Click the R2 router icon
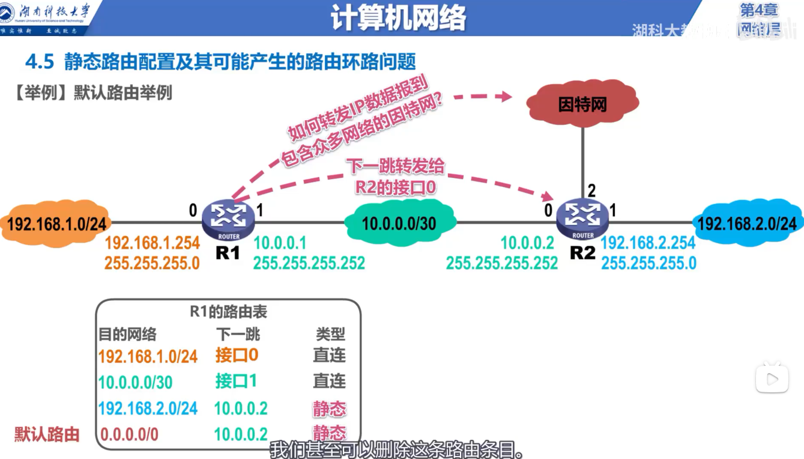pyautogui.click(x=582, y=220)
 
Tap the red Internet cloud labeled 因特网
pyautogui.click(x=582, y=105)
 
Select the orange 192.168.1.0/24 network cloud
pyautogui.click(x=57, y=223)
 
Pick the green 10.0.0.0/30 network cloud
pyautogui.click(x=399, y=223)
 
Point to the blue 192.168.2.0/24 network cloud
pyautogui.click(x=748, y=223)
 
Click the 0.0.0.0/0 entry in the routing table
pyautogui.click(x=129, y=434)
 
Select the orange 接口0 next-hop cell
pyautogui.click(x=237, y=355)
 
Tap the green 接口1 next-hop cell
pyautogui.click(x=236, y=381)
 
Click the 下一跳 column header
pyautogui.click(x=238, y=334)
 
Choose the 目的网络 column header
pyautogui.click(x=127, y=334)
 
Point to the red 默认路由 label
pyautogui.click(x=47, y=434)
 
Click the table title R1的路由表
pyautogui.click(x=228, y=312)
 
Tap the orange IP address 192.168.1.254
pyautogui.click(x=152, y=243)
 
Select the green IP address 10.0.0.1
pyautogui.click(x=280, y=243)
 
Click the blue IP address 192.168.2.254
pyautogui.click(x=648, y=243)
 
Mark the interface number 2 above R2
pyautogui.click(x=591, y=192)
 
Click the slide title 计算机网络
pyautogui.click(x=398, y=19)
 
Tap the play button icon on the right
pyautogui.click(x=772, y=378)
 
